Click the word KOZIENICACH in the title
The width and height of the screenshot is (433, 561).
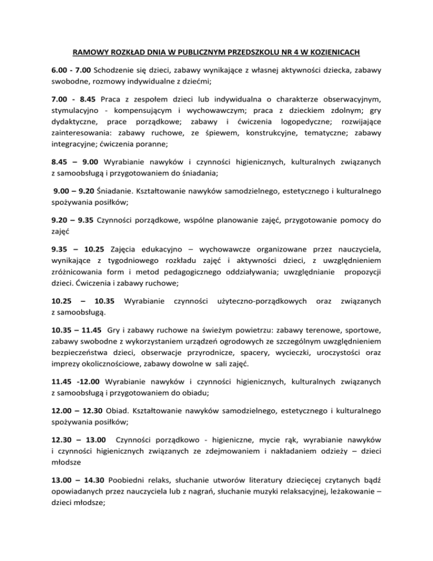pyautogui.click(x=332, y=55)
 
